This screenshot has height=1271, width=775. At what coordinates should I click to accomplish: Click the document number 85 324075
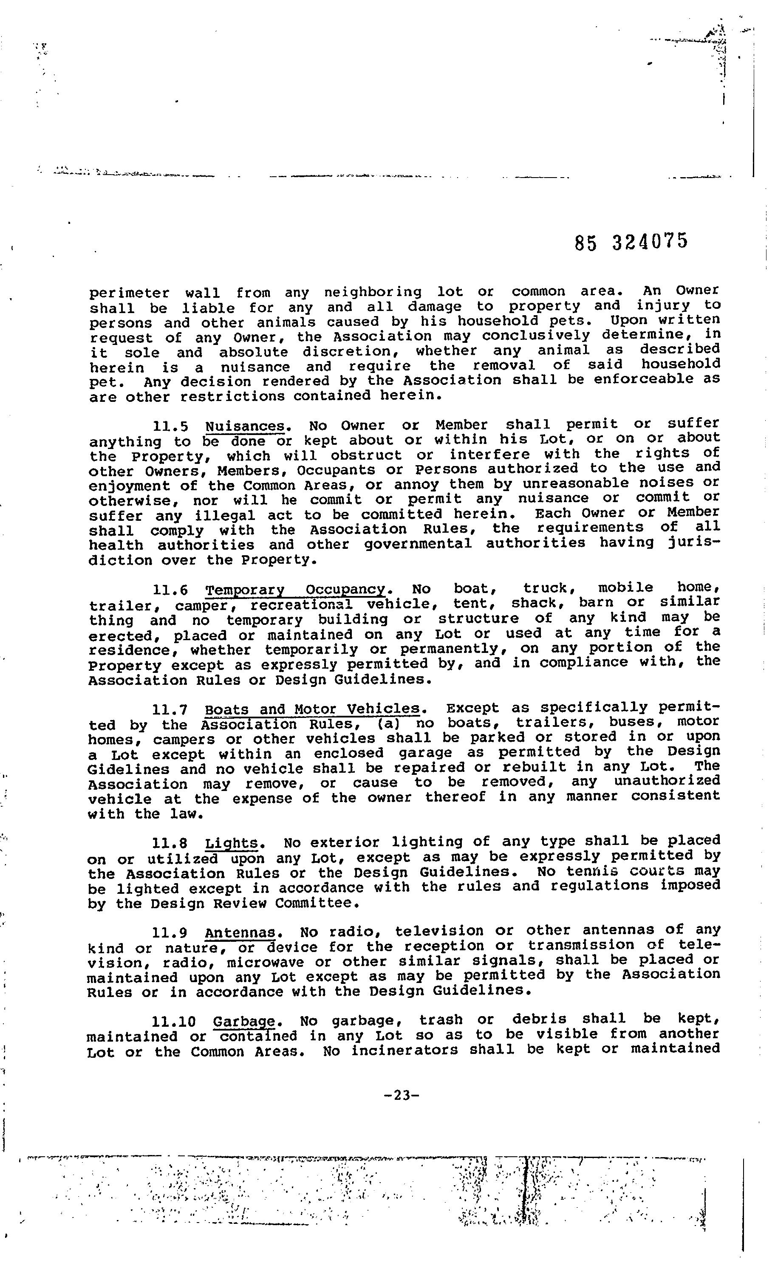[631, 241]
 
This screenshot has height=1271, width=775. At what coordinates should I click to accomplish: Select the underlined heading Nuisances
[245, 426]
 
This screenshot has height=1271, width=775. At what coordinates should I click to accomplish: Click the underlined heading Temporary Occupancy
[295, 590]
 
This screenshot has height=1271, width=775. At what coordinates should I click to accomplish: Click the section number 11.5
[170, 427]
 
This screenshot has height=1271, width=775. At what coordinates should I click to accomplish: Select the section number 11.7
[170, 710]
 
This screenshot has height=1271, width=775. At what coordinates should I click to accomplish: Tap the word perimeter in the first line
[129, 294]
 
